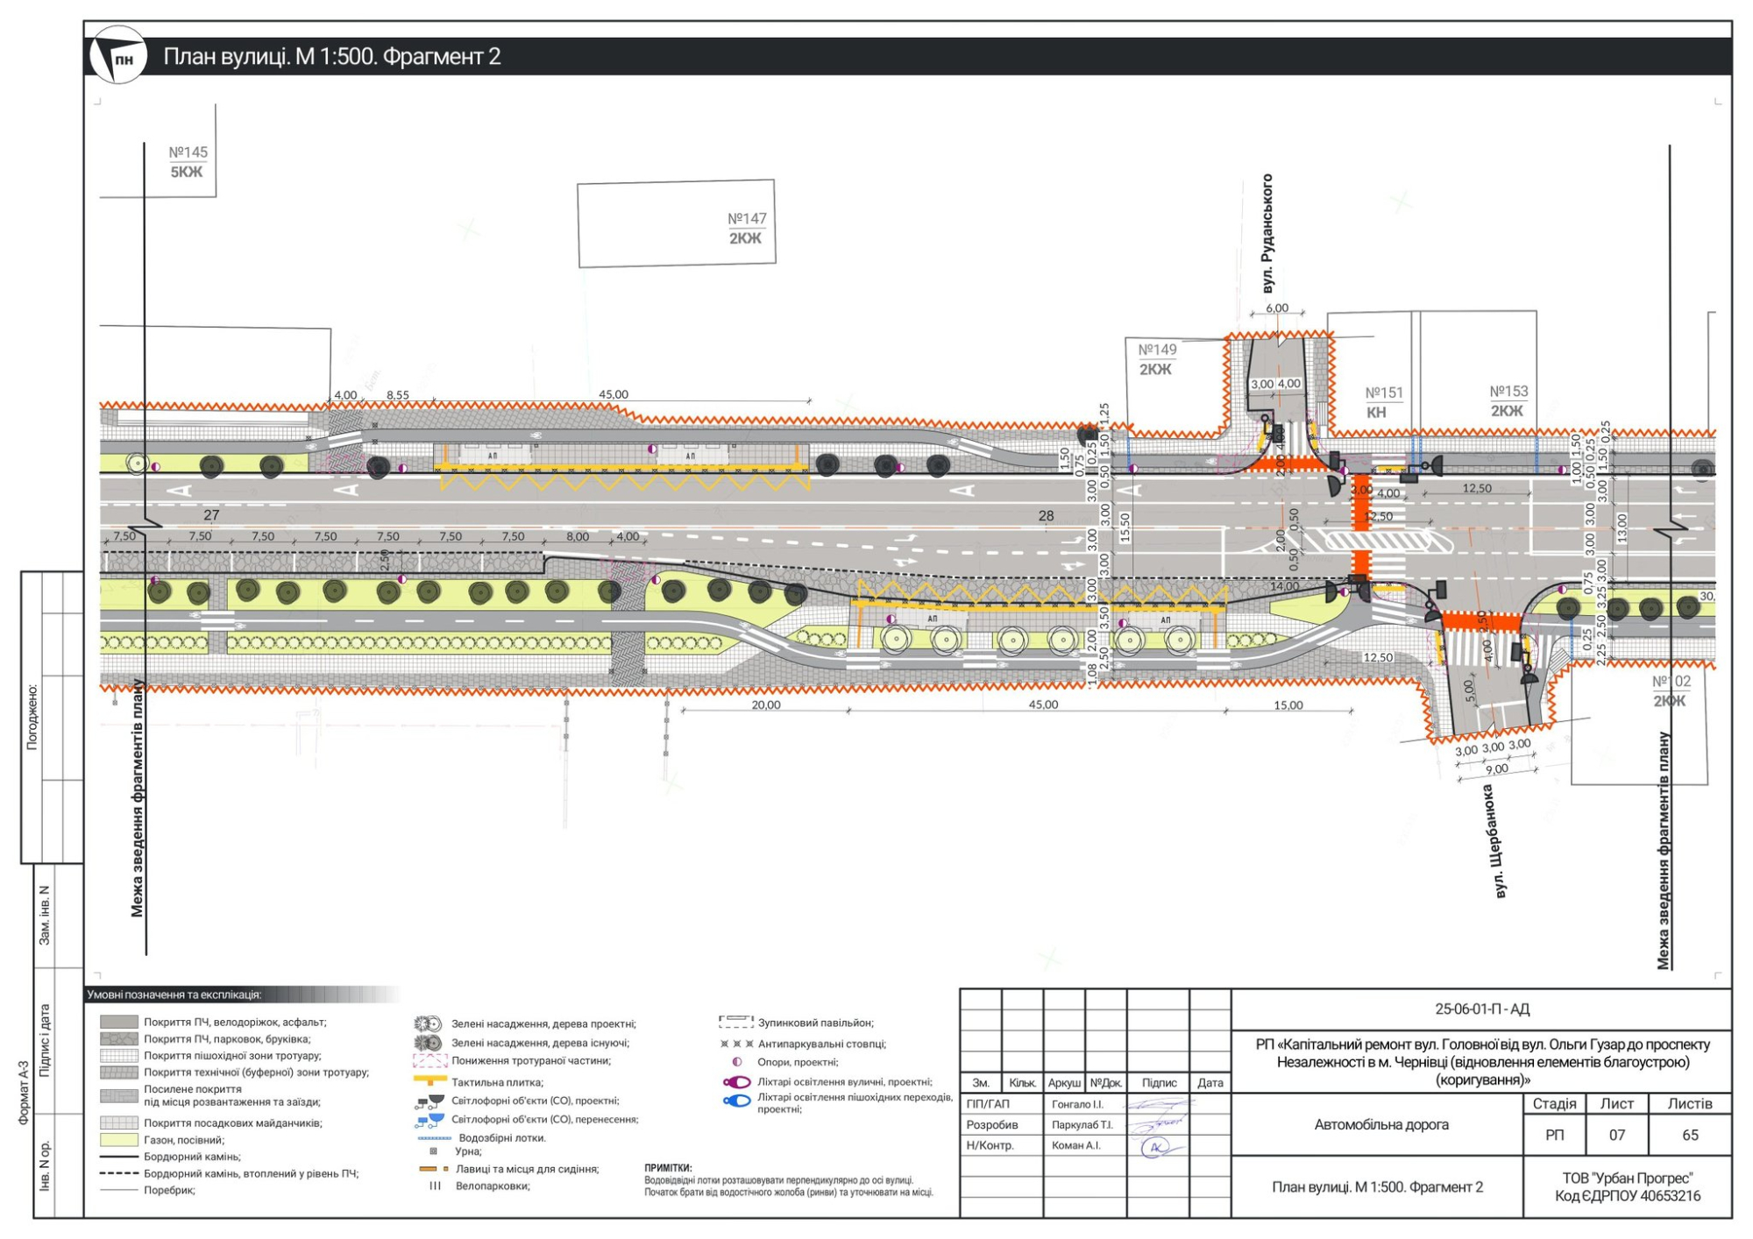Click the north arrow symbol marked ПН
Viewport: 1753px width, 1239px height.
118,55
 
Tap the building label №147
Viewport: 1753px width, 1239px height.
747,218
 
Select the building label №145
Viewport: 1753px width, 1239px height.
188,152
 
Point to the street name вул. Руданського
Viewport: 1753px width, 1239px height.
1267,233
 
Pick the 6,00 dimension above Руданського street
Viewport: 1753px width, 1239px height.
1277,308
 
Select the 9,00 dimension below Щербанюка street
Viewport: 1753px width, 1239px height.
1497,769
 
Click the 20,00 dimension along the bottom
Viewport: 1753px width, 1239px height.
765,704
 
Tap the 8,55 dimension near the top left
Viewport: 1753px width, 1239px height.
398,395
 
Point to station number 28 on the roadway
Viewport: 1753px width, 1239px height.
1046,516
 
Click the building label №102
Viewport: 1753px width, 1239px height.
1671,682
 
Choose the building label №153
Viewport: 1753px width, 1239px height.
1508,392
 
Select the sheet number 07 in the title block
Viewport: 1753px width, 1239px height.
1616,1136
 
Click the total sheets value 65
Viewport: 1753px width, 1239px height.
1690,1136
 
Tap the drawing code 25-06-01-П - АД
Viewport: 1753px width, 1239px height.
1481,1009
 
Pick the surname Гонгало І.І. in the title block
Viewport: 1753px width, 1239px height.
1077,1104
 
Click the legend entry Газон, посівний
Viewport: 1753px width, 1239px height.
183,1140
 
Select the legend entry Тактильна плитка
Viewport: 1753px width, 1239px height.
497,1082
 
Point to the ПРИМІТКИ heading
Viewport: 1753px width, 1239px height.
668,1168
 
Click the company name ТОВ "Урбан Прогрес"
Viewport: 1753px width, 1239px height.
1627,1179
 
